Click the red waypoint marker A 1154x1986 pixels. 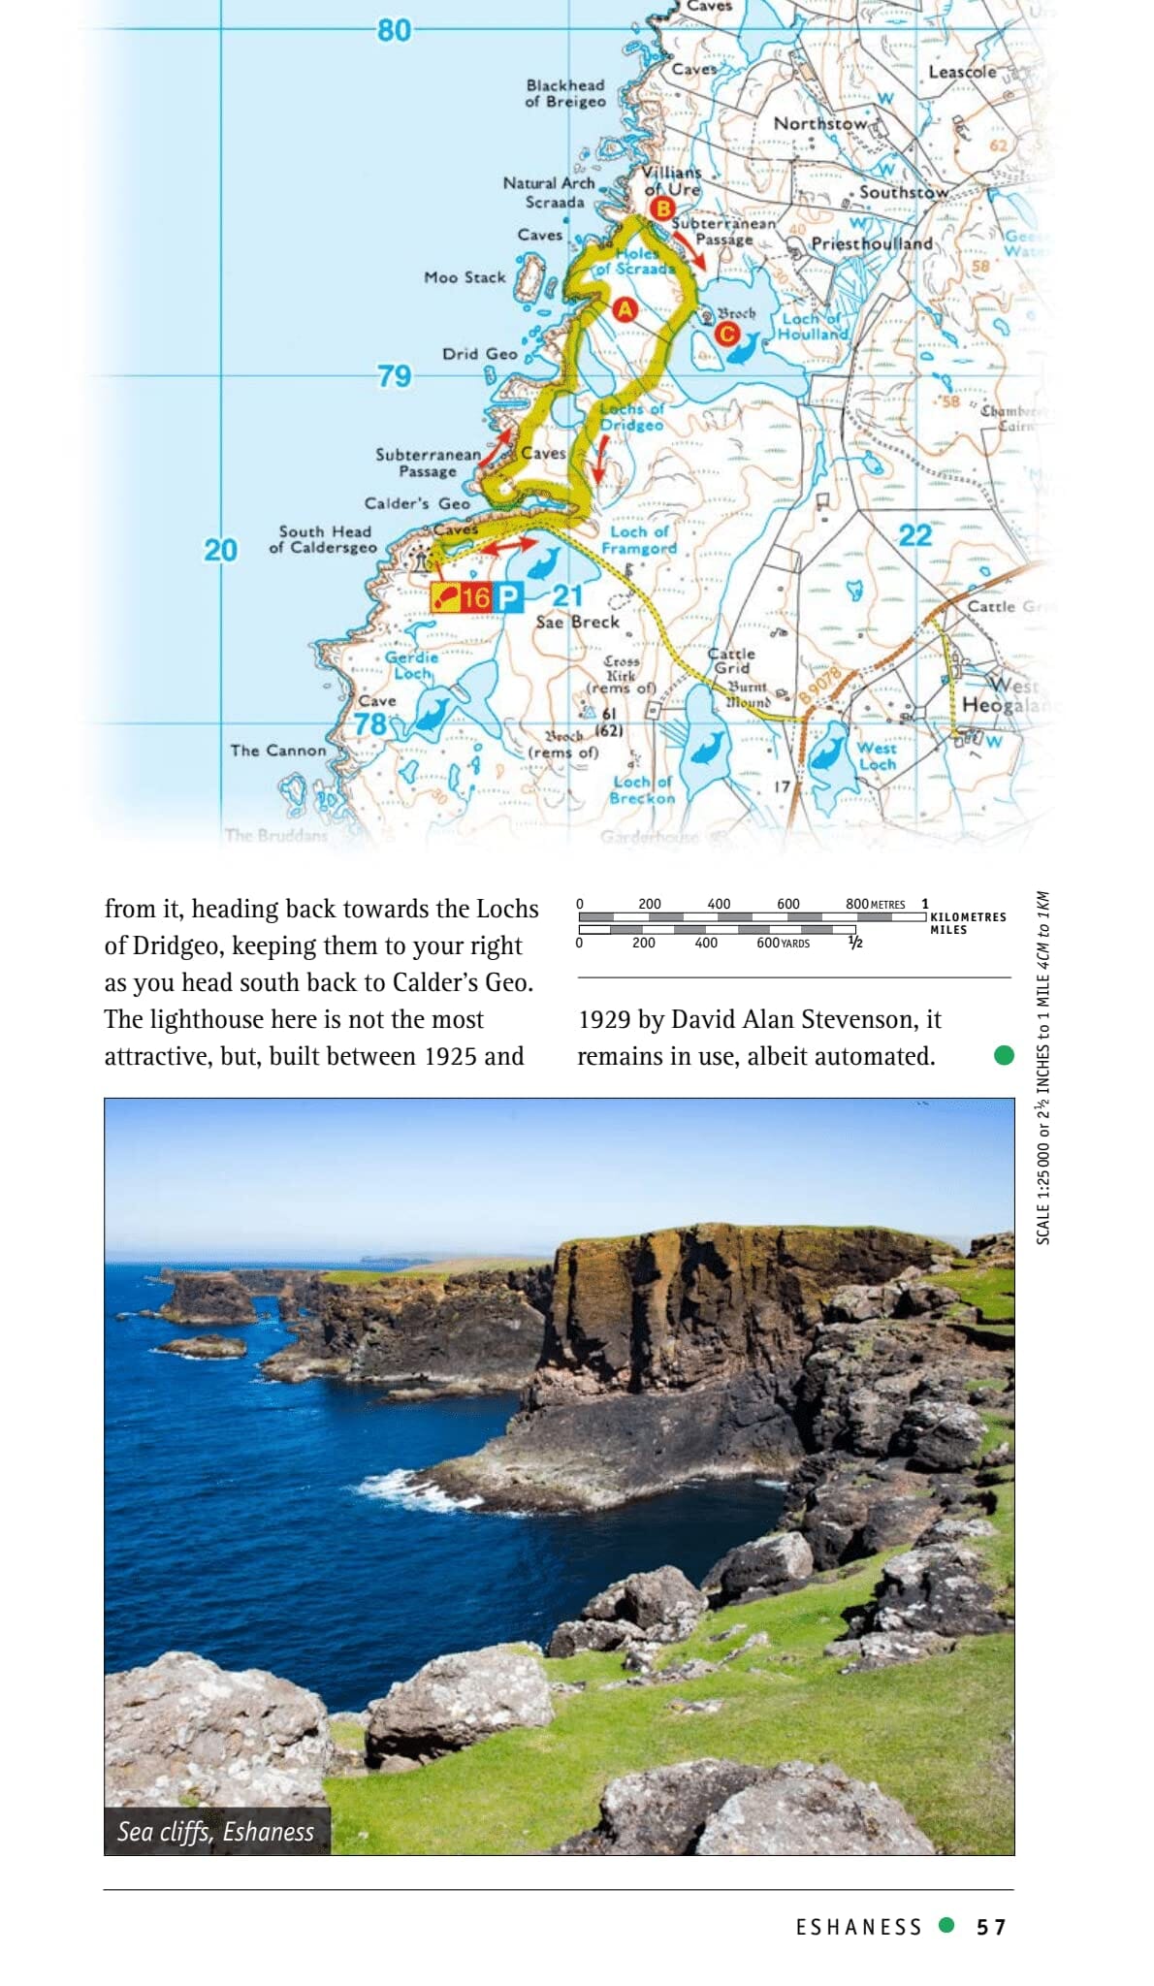coord(625,309)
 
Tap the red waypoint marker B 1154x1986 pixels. coord(662,208)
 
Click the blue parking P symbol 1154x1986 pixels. coord(508,597)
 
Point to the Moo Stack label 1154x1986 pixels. coord(465,277)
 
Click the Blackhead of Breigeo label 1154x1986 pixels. coord(565,93)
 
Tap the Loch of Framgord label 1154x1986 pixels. coord(639,540)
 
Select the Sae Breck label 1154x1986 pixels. coord(577,622)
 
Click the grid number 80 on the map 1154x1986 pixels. coord(395,31)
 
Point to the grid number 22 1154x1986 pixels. coord(914,535)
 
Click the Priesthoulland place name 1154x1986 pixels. coord(871,243)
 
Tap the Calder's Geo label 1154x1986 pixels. coord(417,503)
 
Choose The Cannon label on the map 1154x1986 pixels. coord(278,750)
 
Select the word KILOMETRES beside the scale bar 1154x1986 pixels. coord(968,916)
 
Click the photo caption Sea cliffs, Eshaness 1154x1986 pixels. coord(216,1831)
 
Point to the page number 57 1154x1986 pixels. coord(991,1927)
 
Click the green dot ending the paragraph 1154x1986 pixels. coord(1004,1055)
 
